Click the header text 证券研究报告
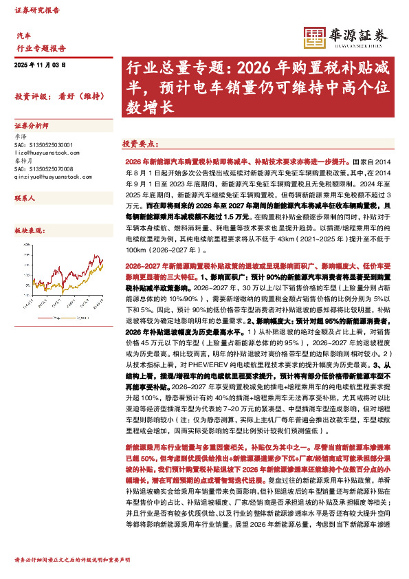pyautogui.click(x=37, y=11)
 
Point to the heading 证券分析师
pyautogui.click(x=32, y=127)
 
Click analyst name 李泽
pyautogui.click(x=21, y=138)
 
